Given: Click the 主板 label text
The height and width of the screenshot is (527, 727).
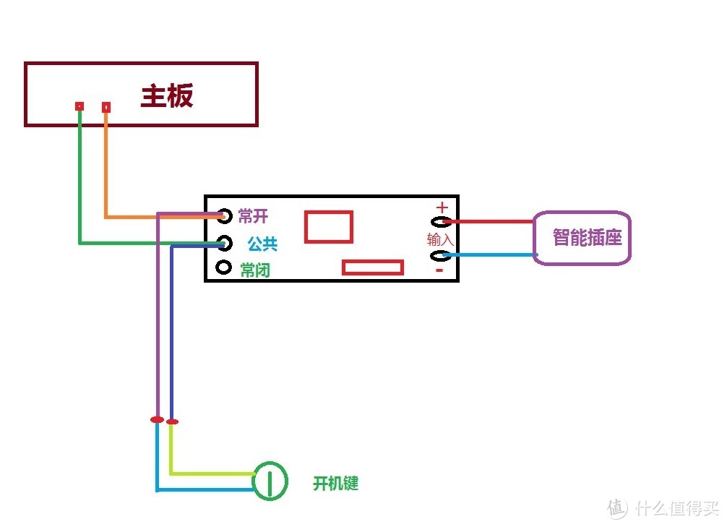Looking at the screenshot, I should pyautogui.click(x=167, y=96).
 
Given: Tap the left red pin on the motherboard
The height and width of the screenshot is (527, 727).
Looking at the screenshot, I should pyautogui.click(x=79, y=106).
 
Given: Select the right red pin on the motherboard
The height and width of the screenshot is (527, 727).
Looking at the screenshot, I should pyautogui.click(x=106, y=107).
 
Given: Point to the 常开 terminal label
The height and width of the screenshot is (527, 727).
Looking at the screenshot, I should pyautogui.click(x=253, y=215).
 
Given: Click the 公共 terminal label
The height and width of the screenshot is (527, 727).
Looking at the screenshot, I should pyautogui.click(x=262, y=244).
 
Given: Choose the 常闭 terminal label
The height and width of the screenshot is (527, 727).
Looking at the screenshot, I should pyautogui.click(x=255, y=270).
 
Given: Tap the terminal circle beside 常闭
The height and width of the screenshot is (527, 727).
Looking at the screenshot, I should pyautogui.click(x=224, y=268).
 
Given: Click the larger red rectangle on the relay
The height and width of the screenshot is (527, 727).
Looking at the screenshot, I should pyautogui.click(x=328, y=226).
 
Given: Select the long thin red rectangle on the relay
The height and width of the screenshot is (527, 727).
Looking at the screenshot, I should pyautogui.click(x=372, y=267).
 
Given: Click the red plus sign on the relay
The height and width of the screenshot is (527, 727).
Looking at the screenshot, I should pyautogui.click(x=442, y=207).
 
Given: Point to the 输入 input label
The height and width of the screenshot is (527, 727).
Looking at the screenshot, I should pyautogui.click(x=439, y=239).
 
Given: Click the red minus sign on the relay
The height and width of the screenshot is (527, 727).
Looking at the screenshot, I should pyautogui.click(x=439, y=271).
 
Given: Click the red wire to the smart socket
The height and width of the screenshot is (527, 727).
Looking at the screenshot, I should pyautogui.click(x=491, y=221).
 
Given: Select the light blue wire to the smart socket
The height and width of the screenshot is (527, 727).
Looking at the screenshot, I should pyautogui.click(x=491, y=254).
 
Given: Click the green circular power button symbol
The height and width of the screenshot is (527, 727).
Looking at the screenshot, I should pyautogui.click(x=270, y=480).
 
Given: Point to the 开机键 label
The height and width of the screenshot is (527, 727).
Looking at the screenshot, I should pyautogui.click(x=335, y=484).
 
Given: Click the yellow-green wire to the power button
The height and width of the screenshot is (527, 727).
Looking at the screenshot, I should pyautogui.click(x=210, y=474).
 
